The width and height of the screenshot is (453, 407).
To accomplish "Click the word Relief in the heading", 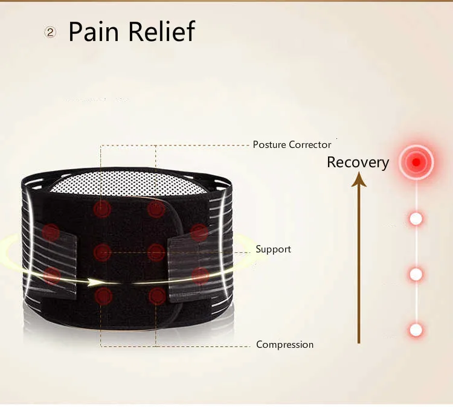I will click(x=161, y=31).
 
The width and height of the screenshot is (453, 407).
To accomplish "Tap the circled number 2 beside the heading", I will click(x=51, y=33).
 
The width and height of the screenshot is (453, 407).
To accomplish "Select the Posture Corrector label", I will click(x=292, y=145).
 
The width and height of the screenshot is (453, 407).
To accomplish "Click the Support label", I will click(x=273, y=249).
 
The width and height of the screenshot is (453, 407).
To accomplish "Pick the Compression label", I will click(x=284, y=345).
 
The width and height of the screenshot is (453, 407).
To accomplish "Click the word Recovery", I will click(x=358, y=162).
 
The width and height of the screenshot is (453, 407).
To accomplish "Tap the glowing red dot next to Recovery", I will click(x=416, y=162).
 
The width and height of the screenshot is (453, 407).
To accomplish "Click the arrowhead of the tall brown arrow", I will click(x=359, y=179).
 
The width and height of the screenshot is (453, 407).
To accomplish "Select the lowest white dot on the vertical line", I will click(x=416, y=330).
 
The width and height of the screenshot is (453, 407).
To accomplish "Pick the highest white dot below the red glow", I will click(x=416, y=219).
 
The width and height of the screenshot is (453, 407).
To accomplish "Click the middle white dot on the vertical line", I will click(x=416, y=274).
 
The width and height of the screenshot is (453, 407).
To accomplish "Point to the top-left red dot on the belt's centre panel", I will click(x=102, y=209).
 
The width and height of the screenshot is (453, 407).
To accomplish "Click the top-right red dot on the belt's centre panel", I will click(x=156, y=209).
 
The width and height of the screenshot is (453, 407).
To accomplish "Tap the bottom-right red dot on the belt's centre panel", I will click(x=157, y=295).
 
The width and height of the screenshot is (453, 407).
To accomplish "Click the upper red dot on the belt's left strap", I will click(x=51, y=231).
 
